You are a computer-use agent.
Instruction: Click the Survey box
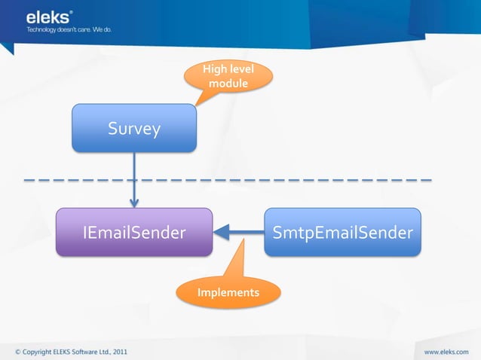point(134,128)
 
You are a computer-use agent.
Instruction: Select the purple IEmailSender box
point(134,232)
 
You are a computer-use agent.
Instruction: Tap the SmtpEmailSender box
point(342,232)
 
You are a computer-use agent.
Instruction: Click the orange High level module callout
point(228,77)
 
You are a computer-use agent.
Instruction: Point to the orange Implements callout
point(228,291)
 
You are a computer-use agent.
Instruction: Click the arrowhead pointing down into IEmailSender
point(134,201)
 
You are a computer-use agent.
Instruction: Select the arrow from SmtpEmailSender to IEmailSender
point(238,232)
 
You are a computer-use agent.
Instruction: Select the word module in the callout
point(228,84)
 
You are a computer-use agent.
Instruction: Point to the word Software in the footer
point(82,351)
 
